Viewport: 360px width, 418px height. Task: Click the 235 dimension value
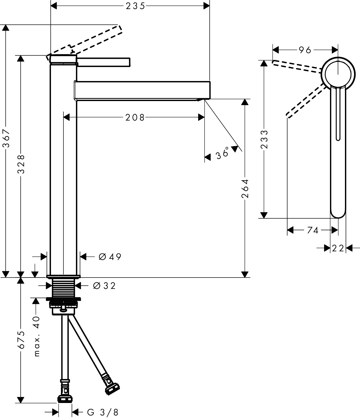click(136, 6)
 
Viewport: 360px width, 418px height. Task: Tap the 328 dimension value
click(21, 164)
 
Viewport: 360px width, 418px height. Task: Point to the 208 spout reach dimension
click(135, 118)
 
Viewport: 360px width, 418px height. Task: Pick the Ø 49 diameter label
click(110, 257)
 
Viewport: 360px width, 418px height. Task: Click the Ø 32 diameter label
click(104, 286)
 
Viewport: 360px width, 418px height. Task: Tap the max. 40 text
click(37, 336)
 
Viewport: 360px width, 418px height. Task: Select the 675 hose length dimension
click(21, 340)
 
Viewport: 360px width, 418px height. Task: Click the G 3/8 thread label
click(102, 412)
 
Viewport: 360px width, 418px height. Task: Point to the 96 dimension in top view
click(305, 50)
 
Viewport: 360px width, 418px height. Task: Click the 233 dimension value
click(264, 140)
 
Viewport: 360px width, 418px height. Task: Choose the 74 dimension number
click(312, 231)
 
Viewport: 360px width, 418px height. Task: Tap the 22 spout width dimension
click(338, 248)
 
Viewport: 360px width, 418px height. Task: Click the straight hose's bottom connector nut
click(65, 399)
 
